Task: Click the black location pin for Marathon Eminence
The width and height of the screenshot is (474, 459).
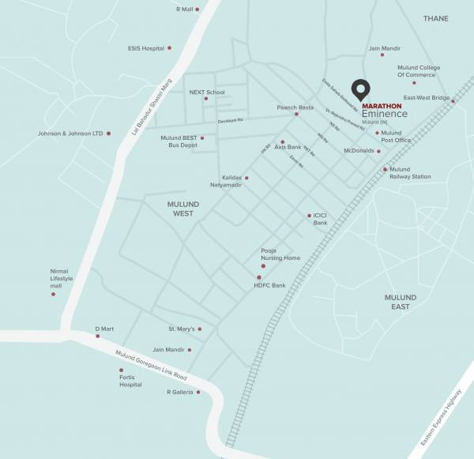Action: (x=361, y=90)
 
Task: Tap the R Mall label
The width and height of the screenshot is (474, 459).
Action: (x=183, y=9)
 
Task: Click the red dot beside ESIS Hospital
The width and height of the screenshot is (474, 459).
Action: (x=169, y=48)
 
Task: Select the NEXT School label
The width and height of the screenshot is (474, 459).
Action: (x=206, y=92)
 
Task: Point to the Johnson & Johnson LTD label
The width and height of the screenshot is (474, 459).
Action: (x=70, y=134)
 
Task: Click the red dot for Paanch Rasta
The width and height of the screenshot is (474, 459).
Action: (x=296, y=114)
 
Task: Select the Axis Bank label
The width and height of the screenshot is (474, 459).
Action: (x=288, y=147)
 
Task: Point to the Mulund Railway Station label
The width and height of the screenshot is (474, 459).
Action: (x=410, y=173)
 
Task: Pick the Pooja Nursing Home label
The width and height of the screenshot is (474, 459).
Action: (x=280, y=254)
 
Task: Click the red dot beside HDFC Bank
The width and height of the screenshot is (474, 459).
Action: (x=258, y=277)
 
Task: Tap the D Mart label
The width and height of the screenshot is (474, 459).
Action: (x=105, y=328)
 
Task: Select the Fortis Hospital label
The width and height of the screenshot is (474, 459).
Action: (x=126, y=381)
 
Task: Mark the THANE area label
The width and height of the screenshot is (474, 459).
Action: (x=434, y=18)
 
